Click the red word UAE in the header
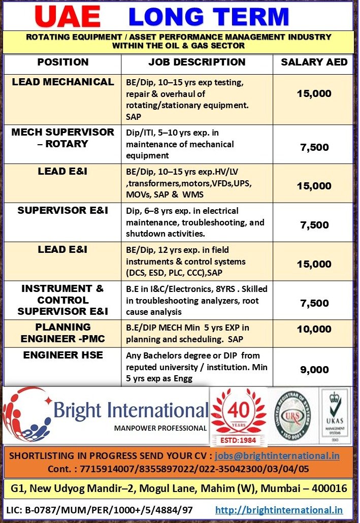tap(67, 16)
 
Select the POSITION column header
tap(62, 62)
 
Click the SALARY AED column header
tap(314, 62)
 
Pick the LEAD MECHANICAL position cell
tap(62, 82)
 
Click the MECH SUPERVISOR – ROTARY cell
tap(62, 138)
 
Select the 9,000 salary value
tap(314, 370)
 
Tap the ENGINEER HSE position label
tap(62, 355)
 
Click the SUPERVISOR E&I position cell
tap(62, 210)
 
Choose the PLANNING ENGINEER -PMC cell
tap(62, 333)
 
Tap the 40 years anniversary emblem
tap(238, 410)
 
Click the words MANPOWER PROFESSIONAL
tap(160, 428)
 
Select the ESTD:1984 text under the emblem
tap(238, 440)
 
